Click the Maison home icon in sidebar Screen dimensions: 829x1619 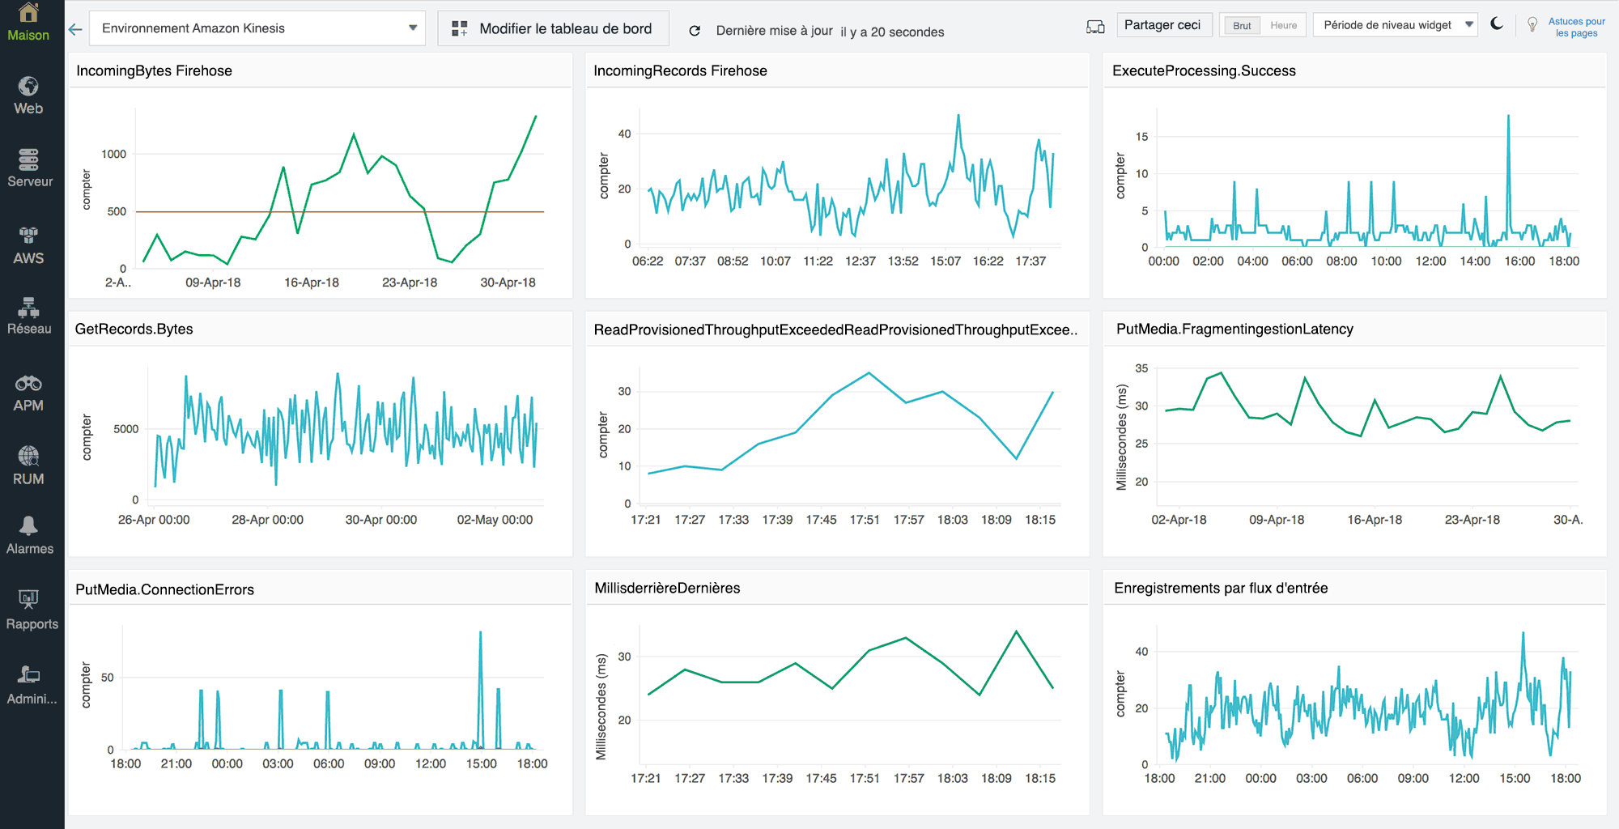[28, 14]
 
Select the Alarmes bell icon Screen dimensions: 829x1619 [28, 526]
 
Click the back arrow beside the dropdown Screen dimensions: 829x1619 [75, 29]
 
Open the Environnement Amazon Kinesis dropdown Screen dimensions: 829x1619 [257, 28]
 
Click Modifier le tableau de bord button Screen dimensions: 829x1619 [553, 28]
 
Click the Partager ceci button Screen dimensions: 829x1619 [1162, 25]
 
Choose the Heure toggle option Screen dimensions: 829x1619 [1283, 25]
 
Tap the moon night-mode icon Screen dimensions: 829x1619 [1497, 24]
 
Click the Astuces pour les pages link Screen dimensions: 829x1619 [1576, 27]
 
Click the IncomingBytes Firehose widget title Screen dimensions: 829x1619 [154, 70]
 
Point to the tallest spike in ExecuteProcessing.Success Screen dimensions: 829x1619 [1508, 117]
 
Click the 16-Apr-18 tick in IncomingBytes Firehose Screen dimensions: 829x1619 [312, 283]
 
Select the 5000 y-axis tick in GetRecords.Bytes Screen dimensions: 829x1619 [125, 429]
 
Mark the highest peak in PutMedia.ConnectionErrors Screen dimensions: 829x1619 [481, 633]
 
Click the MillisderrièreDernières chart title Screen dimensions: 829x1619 [667, 588]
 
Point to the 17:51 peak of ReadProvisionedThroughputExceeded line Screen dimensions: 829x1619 [869, 373]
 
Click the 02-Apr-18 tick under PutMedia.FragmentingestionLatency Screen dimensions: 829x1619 [1179, 520]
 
